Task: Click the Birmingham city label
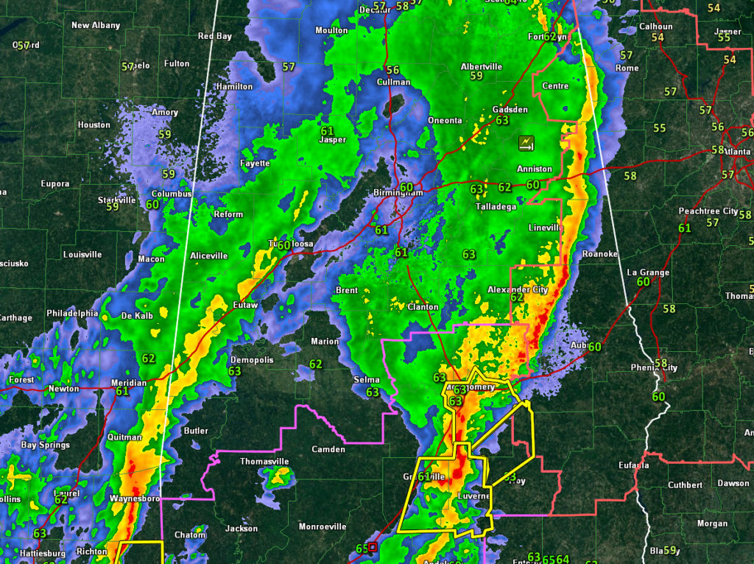pyautogui.click(x=398, y=193)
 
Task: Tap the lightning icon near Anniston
pyautogui.click(x=526, y=142)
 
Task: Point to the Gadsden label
pyautogui.click(x=510, y=110)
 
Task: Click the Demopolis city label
pyautogui.click(x=252, y=360)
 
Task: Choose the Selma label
pyautogui.click(x=367, y=379)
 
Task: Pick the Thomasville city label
pyautogui.click(x=265, y=462)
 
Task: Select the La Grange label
pyautogui.click(x=648, y=272)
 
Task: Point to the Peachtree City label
pyautogui.click(x=708, y=211)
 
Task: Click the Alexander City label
pyautogui.click(x=518, y=290)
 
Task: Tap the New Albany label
pyautogui.click(x=96, y=25)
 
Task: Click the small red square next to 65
pyautogui.click(x=373, y=547)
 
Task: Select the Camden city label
pyautogui.click(x=328, y=449)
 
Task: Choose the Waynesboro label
pyautogui.click(x=135, y=498)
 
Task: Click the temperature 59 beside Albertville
pyautogui.click(x=476, y=76)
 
